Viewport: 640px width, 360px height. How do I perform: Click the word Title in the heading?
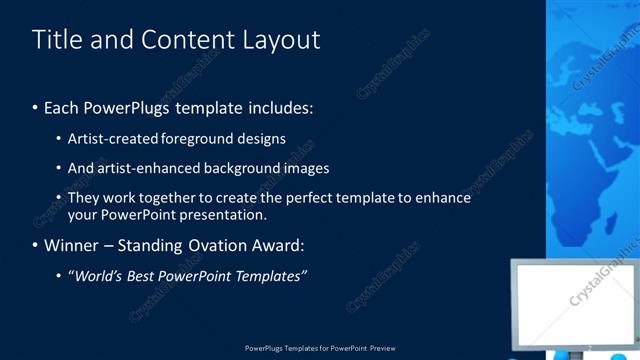(x=53, y=39)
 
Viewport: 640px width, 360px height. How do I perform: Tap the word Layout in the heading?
(x=282, y=40)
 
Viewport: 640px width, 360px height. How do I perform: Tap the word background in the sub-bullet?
(x=246, y=168)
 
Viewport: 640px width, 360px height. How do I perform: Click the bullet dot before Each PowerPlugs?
(x=35, y=107)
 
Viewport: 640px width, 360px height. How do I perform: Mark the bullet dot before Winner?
(x=35, y=245)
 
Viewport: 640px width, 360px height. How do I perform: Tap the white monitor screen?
(x=578, y=300)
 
